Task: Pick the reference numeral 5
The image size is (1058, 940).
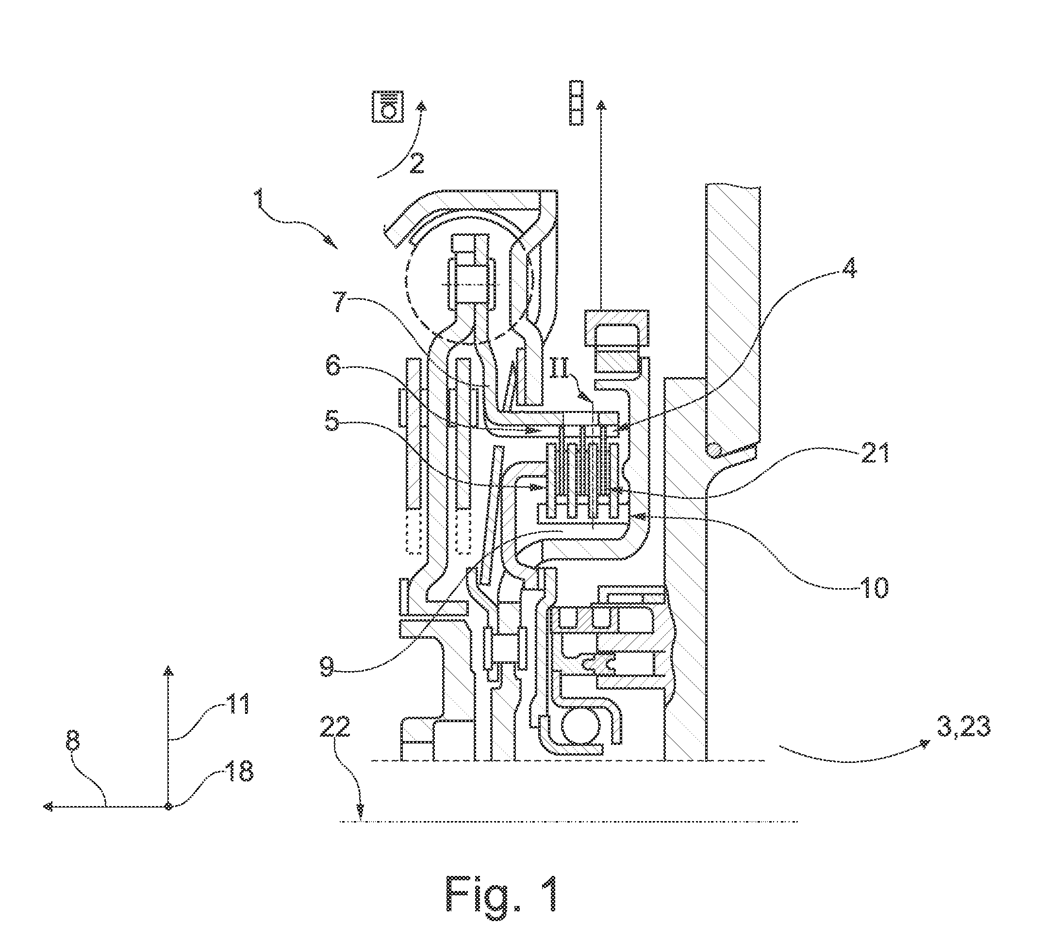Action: click(332, 422)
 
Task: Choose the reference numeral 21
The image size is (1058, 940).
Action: click(874, 453)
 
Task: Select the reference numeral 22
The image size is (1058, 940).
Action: click(335, 727)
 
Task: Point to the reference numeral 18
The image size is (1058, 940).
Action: click(239, 771)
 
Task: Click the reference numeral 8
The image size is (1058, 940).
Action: click(73, 742)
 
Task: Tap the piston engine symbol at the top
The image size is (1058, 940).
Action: click(388, 107)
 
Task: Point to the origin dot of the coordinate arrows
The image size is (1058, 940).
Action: click(168, 806)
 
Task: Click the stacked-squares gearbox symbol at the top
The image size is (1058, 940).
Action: click(576, 102)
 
